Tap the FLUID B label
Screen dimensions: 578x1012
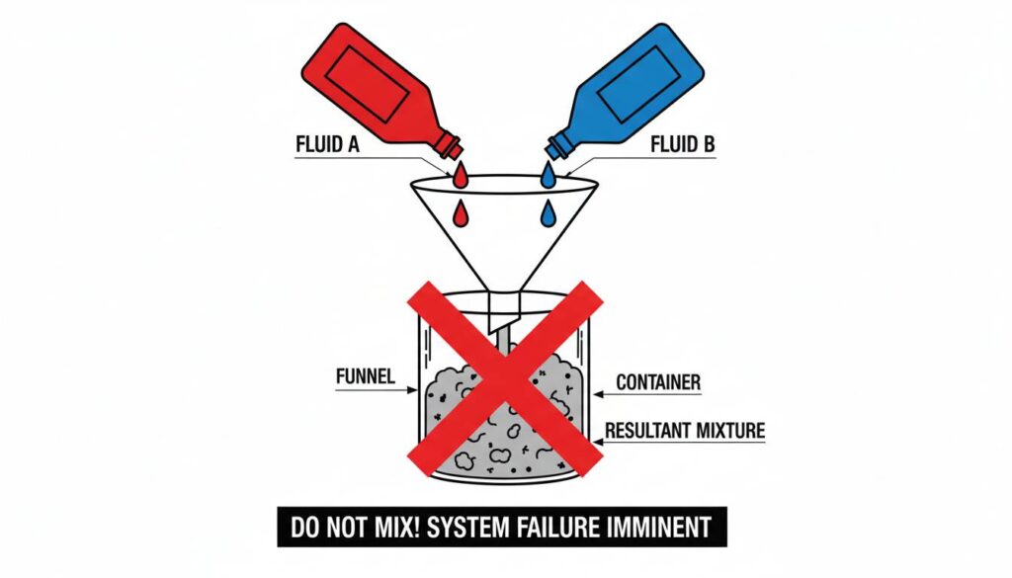681,144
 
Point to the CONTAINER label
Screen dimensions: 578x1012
658,381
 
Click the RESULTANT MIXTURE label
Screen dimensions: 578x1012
684,430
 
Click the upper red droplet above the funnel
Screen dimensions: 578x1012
461,177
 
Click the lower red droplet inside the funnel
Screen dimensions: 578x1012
461,212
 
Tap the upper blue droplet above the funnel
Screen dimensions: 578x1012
548,176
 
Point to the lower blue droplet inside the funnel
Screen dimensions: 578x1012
548,212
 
